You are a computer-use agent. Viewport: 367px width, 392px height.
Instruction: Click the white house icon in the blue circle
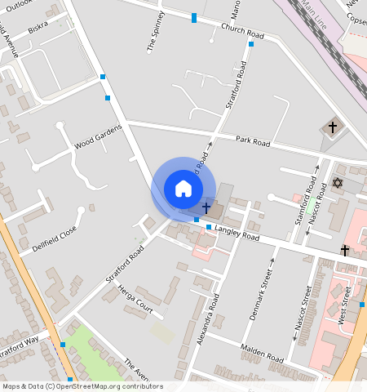(x=183, y=189)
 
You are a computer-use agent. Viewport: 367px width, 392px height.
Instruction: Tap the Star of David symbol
(x=338, y=183)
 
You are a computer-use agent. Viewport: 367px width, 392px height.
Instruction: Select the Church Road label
(x=243, y=32)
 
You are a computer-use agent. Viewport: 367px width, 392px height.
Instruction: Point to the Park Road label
(x=253, y=142)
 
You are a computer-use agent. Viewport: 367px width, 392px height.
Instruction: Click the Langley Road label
(x=237, y=234)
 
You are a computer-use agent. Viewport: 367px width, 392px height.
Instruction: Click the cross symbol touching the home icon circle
(x=206, y=209)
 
